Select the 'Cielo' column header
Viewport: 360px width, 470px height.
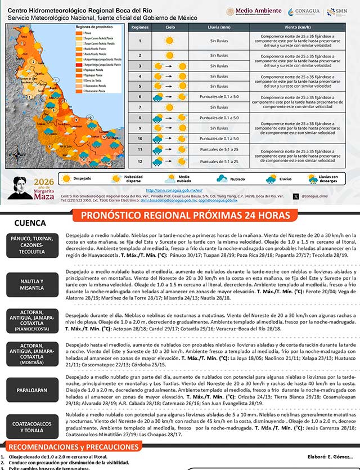pyautogui.click(x=170, y=27)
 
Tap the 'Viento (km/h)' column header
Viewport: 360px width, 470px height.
pyautogui.click(x=297, y=27)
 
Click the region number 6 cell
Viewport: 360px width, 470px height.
pyautogui.click(x=139, y=97)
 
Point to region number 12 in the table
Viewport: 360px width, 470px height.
pyautogui.click(x=139, y=162)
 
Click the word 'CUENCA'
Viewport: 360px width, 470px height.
pyautogui.click(x=30, y=223)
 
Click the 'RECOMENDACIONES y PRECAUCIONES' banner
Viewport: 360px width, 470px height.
pyautogui.click(x=71, y=447)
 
